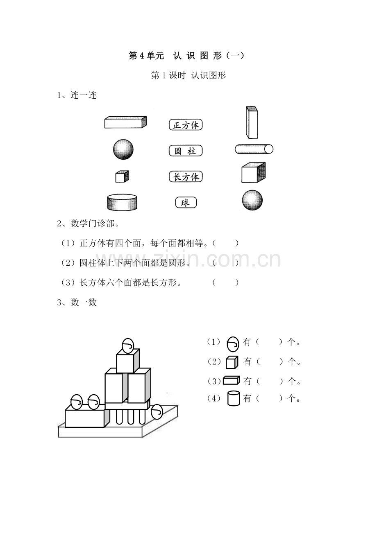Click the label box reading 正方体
[x=186, y=125]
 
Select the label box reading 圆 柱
[x=186, y=151]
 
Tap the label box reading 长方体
[x=186, y=176]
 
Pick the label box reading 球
[x=186, y=203]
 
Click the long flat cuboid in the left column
[x=125, y=122]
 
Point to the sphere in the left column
[x=123, y=149]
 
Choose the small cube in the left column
[x=122, y=176]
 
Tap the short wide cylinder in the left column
[x=122, y=202]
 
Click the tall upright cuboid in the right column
[x=252, y=122]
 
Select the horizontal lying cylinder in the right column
[x=254, y=149]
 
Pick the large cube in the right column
[x=253, y=172]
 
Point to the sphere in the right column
[x=252, y=200]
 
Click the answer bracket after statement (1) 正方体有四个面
[x=225, y=243]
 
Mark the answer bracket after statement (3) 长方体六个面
[x=225, y=282]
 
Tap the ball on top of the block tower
[x=128, y=346]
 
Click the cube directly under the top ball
[x=128, y=361]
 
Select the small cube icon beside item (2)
[x=232, y=362]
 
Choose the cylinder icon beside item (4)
[x=233, y=398]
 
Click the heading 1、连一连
[x=77, y=95]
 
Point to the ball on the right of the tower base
[x=157, y=412]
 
